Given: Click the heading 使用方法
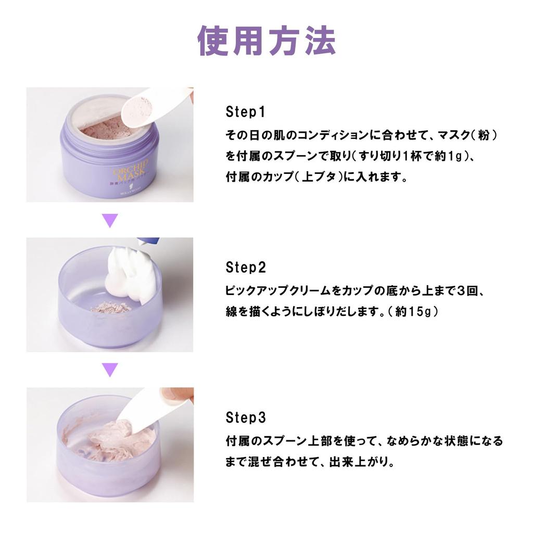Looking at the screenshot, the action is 267,41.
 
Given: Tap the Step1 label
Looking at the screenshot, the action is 246,112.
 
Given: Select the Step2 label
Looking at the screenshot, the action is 246,268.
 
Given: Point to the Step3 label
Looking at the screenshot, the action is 246,418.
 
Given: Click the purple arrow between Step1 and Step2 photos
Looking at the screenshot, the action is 110,221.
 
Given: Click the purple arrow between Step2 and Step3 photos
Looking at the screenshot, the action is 110,370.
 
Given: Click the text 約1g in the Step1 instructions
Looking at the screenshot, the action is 449,156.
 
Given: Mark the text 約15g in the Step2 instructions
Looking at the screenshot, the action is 412,312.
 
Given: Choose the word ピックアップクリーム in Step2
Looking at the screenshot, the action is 278,291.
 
